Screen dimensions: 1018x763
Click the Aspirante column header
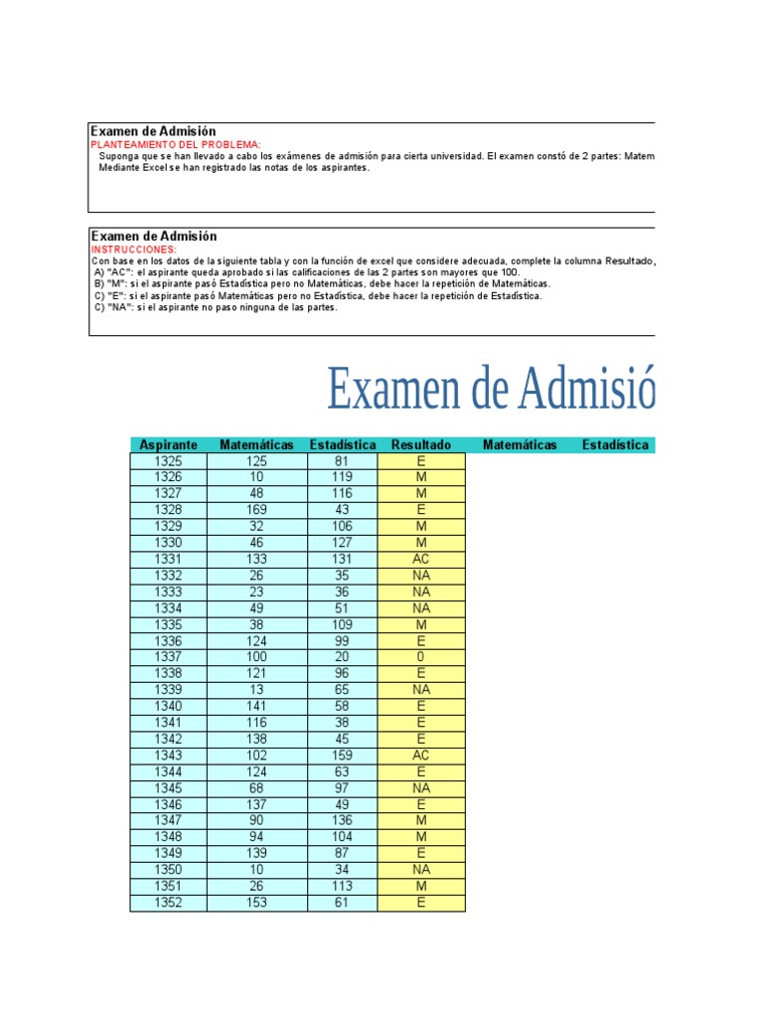[x=168, y=444]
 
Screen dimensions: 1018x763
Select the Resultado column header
[x=421, y=444]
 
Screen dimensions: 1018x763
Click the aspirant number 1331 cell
[x=168, y=559]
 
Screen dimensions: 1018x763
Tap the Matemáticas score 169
[x=256, y=510]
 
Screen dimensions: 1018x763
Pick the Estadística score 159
[x=343, y=756]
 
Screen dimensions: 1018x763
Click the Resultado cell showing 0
[x=421, y=657]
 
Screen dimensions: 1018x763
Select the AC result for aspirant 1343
[x=421, y=756]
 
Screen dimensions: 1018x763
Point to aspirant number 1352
[x=168, y=903]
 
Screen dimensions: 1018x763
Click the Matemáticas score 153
[x=256, y=903]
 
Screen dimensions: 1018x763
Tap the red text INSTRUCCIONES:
[x=134, y=249]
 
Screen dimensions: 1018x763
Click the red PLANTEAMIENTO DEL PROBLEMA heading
[x=176, y=144]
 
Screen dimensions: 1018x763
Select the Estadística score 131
[x=343, y=559]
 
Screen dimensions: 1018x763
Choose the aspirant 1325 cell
[x=168, y=461]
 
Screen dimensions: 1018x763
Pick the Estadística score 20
[x=343, y=657]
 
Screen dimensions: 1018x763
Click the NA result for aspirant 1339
[x=421, y=690]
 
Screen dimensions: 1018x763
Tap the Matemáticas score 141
[x=256, y=706]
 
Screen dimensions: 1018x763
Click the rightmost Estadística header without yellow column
[x=615, y=444]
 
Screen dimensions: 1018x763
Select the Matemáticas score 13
[x=256, y=690]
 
